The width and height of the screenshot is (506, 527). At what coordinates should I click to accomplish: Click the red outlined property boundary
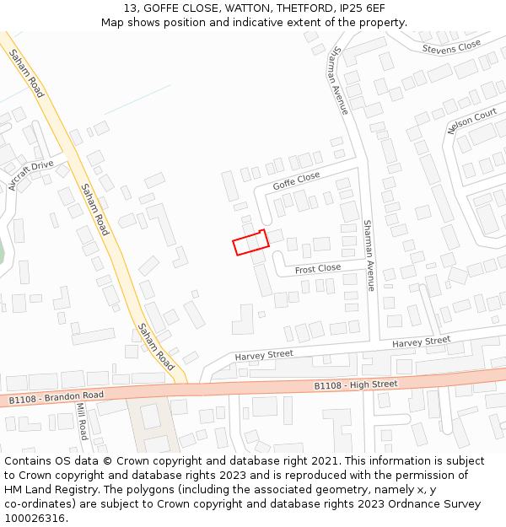(250, 243)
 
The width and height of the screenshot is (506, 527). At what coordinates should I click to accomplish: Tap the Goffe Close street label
(296, 180)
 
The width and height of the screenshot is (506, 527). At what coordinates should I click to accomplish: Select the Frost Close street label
(318, 269)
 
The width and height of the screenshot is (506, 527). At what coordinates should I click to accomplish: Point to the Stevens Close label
(451, 47)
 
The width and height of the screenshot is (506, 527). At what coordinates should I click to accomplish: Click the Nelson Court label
(472, 121)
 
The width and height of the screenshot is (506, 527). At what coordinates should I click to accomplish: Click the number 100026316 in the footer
(35, 518)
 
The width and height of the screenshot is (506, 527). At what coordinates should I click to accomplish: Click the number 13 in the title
(130, 8)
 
